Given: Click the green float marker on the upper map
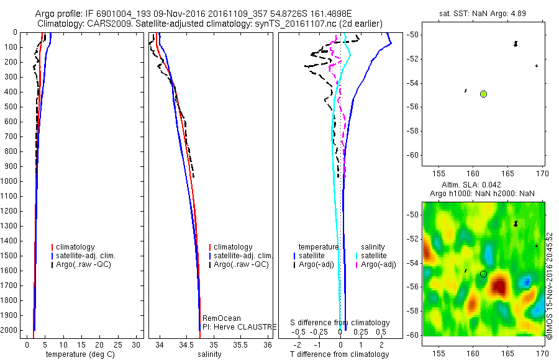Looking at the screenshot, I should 483,94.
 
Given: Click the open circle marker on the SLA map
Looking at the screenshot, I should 483,274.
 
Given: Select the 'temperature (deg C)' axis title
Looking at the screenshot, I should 78,354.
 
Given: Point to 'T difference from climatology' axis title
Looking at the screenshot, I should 339,354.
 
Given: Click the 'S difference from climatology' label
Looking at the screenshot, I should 340,323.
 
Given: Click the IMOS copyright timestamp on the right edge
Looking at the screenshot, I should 550,286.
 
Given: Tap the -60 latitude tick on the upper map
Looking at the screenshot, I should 412,155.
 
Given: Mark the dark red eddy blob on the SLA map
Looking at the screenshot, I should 499,286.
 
